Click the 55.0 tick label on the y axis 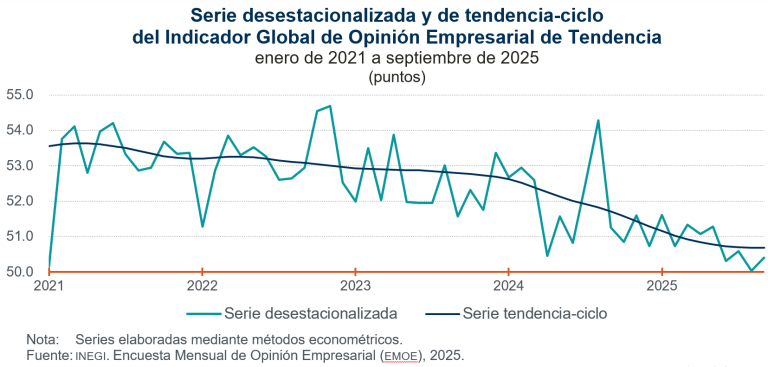point(20,95)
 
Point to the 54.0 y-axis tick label point(20,130)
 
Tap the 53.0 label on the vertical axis point(20,165)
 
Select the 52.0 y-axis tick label point(20,200)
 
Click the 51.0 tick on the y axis point(20,236)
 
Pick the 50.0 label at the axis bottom point(20,271)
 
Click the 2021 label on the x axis point(49,286)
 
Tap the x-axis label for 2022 point(202,286)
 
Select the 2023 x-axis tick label point(356,286)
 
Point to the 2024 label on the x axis point(509,286)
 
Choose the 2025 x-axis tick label point(662,286)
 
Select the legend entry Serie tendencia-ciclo point(535,313)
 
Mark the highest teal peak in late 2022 point(330,106)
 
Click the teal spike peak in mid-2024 point(598,121)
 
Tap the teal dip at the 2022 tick point(202,226)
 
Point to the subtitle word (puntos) point(397,75)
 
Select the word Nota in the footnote point(44,340)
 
